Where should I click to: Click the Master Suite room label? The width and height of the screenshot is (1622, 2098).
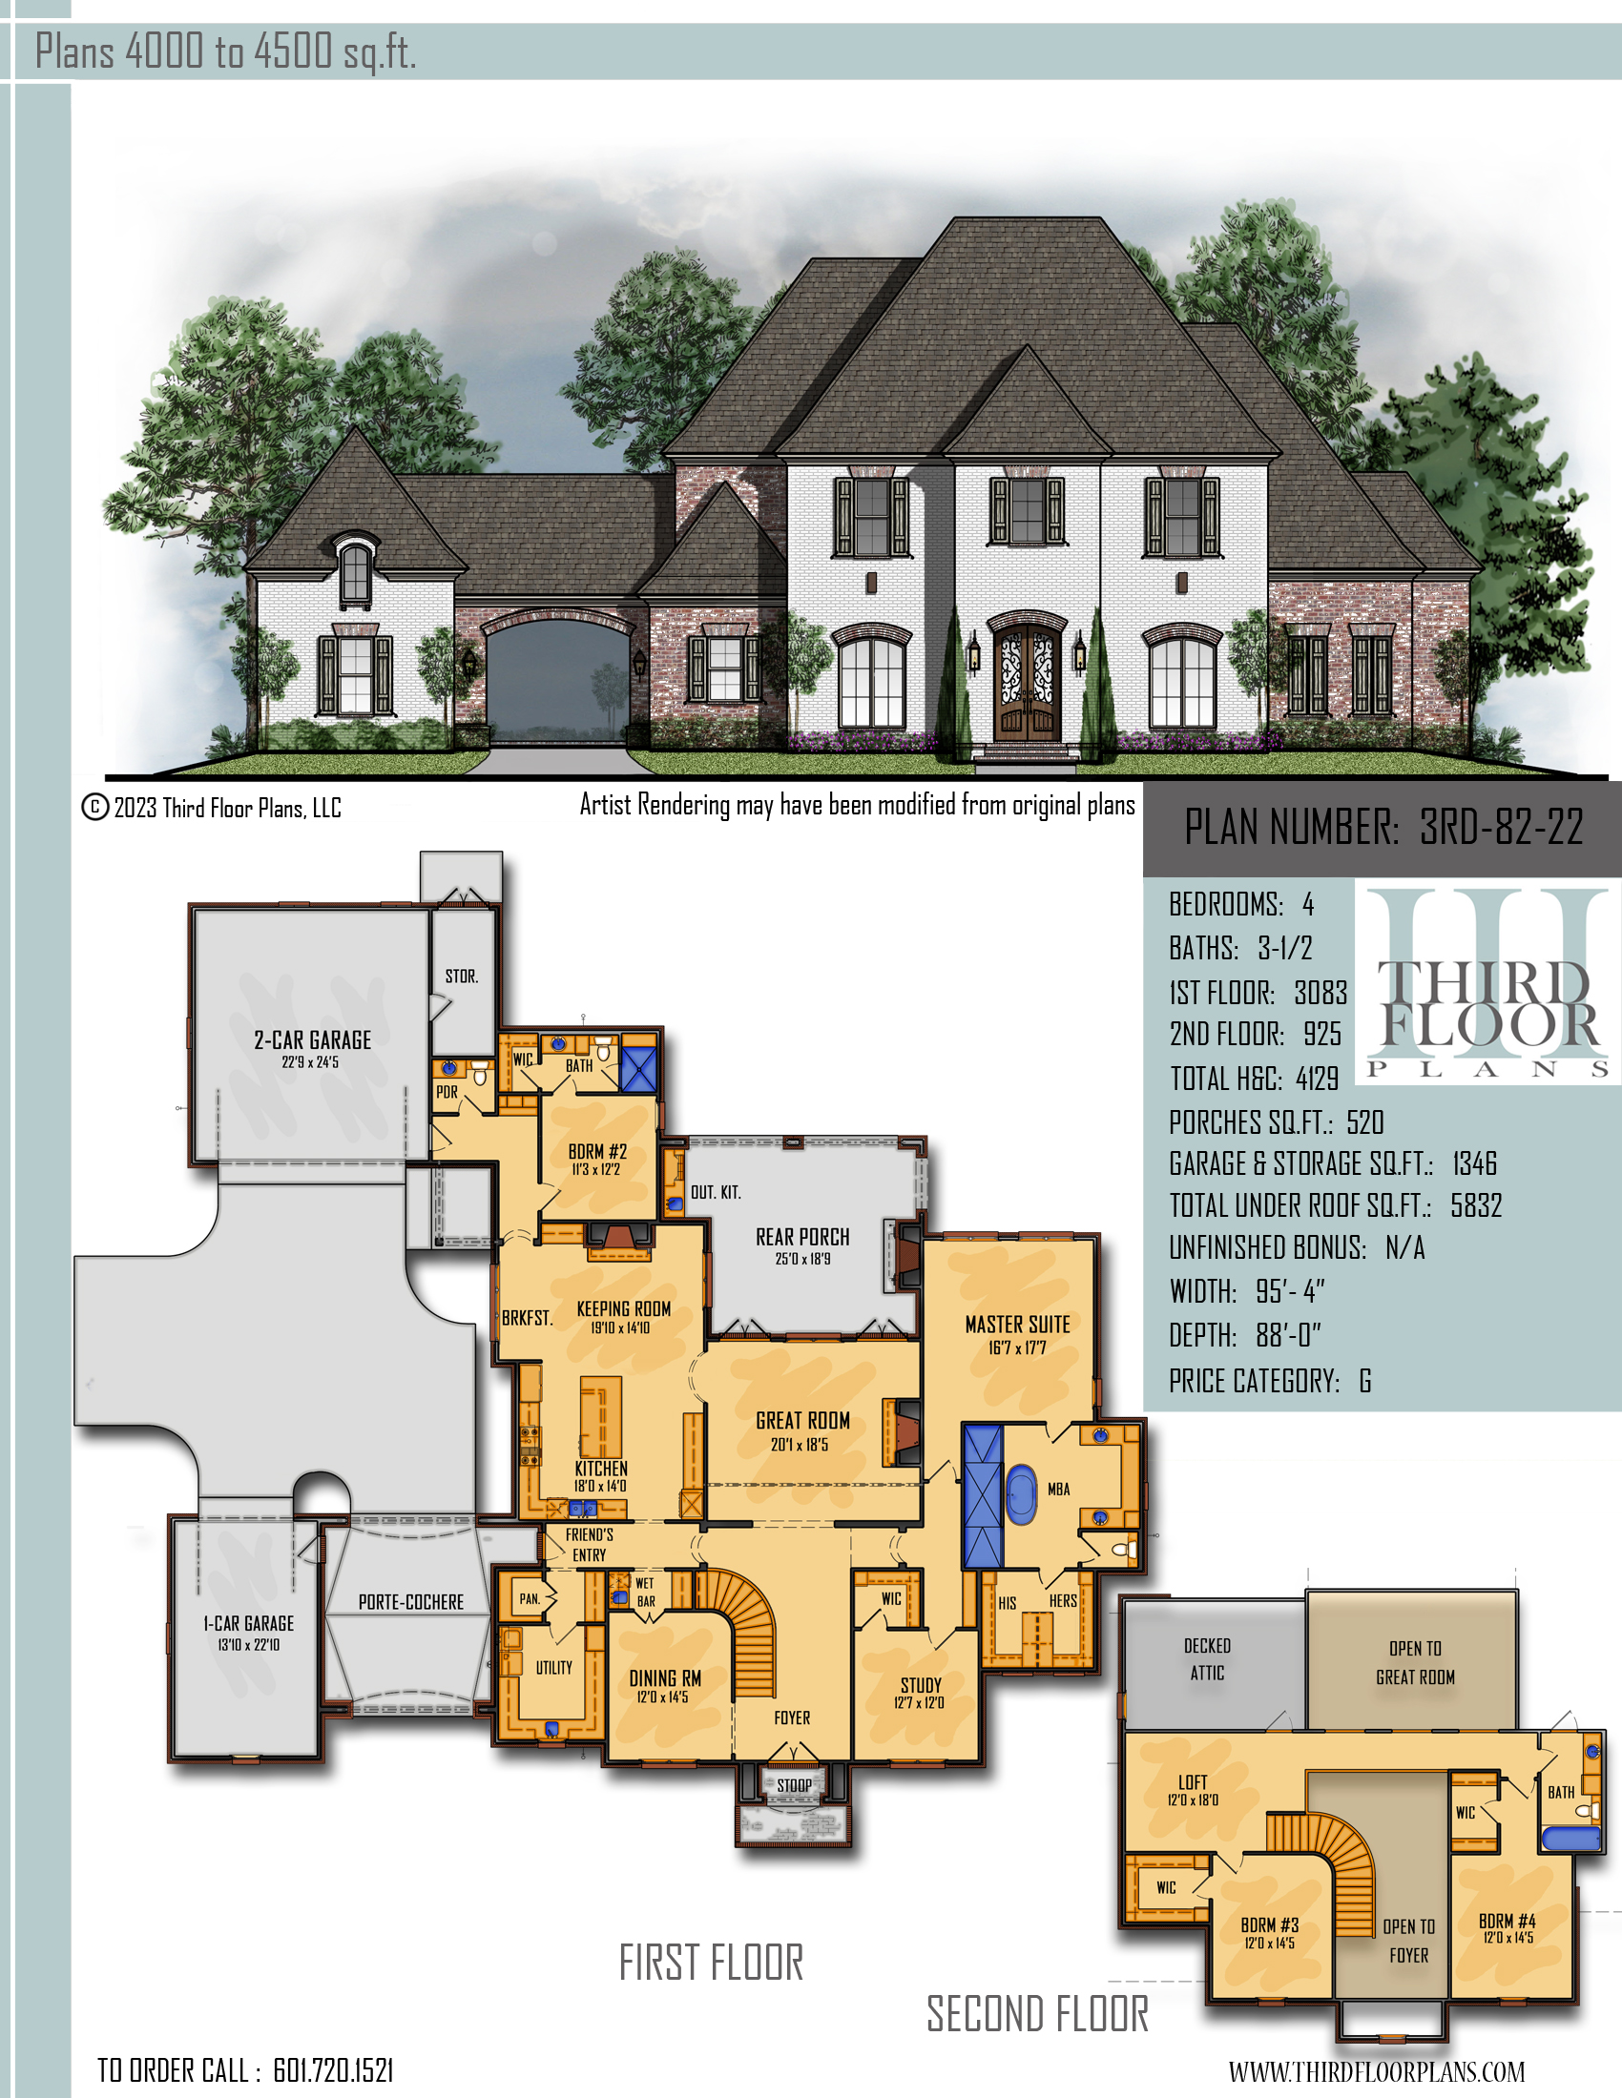click(1018, 1325)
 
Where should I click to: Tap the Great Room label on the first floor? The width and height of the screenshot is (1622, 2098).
click(803, 1421)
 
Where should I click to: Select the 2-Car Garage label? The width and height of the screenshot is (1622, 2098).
click(312, 1040)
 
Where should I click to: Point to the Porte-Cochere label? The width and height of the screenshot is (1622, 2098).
click(411, 1602)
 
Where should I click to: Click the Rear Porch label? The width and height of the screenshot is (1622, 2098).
click(802, 1237)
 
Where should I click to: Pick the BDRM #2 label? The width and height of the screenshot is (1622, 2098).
click(596, 1152)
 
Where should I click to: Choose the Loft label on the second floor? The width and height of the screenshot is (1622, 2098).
click(1194, 1783)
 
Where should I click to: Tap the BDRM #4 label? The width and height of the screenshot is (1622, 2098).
click(1507, 1922)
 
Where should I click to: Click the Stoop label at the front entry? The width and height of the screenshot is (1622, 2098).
click(795, 1785)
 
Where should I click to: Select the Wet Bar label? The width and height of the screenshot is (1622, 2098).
click(645, 1592)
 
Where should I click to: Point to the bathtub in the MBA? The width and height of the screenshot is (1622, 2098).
click(1022, 1494)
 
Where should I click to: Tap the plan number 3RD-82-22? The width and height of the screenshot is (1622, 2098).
click(1501, 826)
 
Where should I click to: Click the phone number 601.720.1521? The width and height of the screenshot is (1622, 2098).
click(333, 2071)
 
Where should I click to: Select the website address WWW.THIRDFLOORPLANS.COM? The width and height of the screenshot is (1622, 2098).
click(1376, 2071)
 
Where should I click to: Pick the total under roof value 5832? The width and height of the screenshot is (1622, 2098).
click(1476, 1205)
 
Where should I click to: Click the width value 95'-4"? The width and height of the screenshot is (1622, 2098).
click(1291, 1291)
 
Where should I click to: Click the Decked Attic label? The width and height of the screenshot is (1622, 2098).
click(1207, 1659)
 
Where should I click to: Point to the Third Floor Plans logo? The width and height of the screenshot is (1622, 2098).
click(1487, 985)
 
